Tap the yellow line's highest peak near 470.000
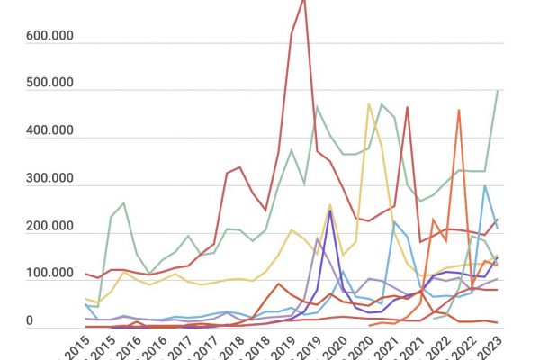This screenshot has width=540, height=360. coord(369,105)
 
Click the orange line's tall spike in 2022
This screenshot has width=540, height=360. coord(459,111)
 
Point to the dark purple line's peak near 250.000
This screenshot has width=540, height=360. coord(330,211)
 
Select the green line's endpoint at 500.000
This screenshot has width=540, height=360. coord(498,90)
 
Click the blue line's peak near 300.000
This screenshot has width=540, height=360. coord(485,186)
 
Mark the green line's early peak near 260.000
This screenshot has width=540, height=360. coord(123,203)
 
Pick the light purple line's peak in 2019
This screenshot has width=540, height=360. coord(318,239)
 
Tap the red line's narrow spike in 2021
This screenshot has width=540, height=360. coord(407,108)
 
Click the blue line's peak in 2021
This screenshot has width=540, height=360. coord(394,221)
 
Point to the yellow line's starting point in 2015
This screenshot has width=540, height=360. coord(85,299)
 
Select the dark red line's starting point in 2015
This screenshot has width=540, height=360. coord(85,274)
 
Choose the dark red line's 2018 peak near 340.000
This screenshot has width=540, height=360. coord(239,167)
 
